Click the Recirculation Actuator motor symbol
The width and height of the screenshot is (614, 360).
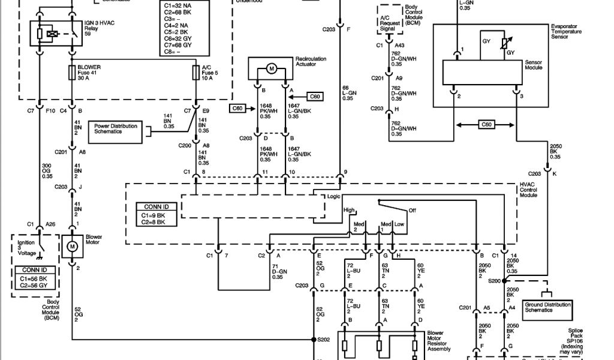pos(271,70)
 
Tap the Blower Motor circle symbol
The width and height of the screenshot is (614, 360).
pos(72,246)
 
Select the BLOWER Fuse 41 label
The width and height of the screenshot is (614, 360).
pos(89,73)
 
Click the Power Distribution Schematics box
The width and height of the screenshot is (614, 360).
pos(115,128)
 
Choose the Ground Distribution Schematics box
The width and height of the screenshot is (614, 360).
pos(547,307)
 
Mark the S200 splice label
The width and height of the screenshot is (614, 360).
pos(494,281)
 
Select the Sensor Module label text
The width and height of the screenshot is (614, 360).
pos(533,65)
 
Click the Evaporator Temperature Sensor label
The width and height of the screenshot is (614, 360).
pos(566,32)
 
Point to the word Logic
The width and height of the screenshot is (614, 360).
pos(333,196)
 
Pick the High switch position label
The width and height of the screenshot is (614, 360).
pos(349,210)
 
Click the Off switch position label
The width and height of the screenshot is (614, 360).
pos(412,210)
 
